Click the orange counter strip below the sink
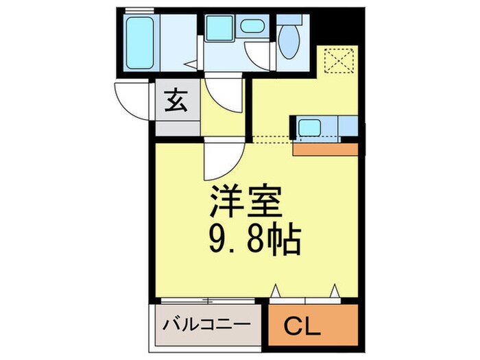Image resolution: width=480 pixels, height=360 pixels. click(326, 148)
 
